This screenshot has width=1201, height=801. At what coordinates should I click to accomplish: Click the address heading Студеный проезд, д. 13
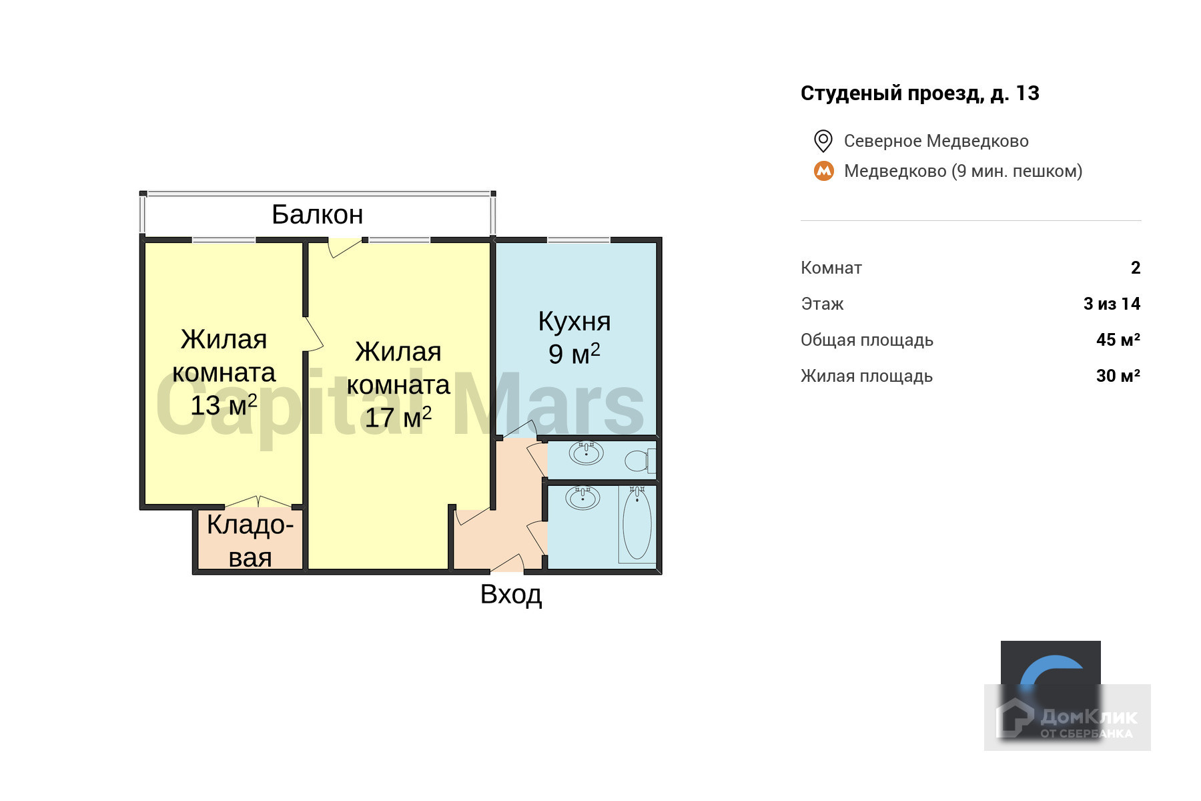coord(919,93)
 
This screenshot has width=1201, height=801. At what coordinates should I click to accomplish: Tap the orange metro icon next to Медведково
coord(824,171)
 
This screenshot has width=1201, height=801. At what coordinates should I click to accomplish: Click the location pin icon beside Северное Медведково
coord(823,141)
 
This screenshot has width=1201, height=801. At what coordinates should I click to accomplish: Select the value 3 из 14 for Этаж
coord(1112,304)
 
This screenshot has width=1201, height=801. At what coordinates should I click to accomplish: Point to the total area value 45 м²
coord(1118,340)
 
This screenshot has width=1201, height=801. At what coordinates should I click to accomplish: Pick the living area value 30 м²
coord(1118,376)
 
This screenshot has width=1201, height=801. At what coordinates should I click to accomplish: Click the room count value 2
coord(1136,268)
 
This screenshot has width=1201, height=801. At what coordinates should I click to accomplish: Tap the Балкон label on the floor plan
coord(318,214)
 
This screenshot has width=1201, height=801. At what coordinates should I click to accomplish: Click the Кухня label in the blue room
coord(574,322)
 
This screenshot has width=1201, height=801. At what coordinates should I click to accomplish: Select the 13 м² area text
coord(224,405)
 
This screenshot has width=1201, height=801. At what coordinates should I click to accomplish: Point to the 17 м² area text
coord(398,417)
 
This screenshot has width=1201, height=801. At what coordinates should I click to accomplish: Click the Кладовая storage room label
coord(250,541)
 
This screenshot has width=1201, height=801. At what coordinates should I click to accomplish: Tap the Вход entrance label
coord(511,594)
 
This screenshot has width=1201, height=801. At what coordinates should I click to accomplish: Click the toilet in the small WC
coord(640,461)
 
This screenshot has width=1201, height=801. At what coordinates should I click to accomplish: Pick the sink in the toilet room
coord(586,453)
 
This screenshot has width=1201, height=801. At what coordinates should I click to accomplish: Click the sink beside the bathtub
coord(582,497)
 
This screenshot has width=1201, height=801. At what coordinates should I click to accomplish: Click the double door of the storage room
coord(258,502)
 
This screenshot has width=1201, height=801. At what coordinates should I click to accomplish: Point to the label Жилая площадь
coord(867,376)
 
